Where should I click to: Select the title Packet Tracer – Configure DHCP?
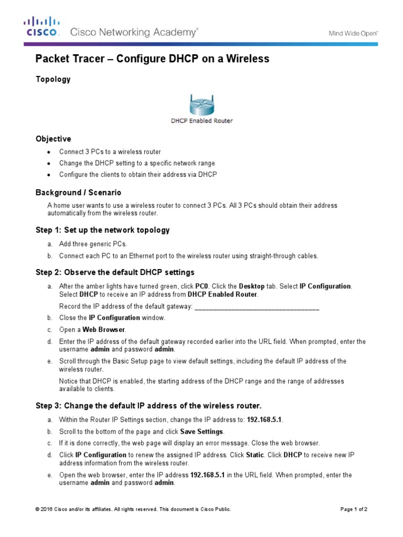click(x=152, y=59)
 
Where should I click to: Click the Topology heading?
click(x=53, y=79)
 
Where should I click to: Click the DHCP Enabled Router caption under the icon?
click(x=201, y=121)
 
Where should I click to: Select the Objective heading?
click(x=53, y=139)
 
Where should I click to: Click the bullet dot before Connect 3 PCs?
click(x=48, y=152)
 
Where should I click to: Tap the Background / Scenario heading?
click(x=78, y=192)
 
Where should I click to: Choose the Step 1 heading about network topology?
click(x=102, y=230)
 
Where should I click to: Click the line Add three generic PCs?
click(x=93, y=244)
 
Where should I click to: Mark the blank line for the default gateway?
click(x=257, y=306)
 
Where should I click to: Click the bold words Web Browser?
click(x=104, y=329)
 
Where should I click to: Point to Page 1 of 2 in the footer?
click(x=354, y=509)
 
